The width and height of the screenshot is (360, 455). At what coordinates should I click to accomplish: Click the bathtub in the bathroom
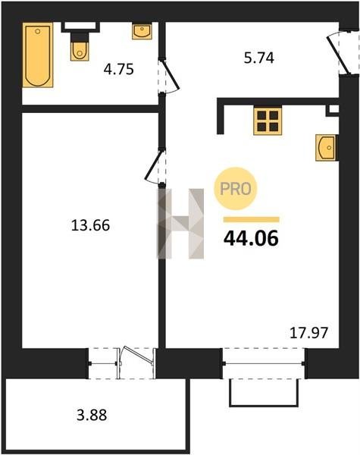click(38, 55)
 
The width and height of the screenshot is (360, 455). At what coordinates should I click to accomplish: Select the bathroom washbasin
click(142, 31)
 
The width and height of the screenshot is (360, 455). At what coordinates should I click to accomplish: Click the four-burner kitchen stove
click(268, 121)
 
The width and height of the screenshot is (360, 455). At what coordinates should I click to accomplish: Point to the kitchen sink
click(326, 148)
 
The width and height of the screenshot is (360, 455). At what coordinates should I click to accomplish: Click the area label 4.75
click(119, 69)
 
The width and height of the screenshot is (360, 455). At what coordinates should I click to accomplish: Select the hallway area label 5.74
click(259, 58)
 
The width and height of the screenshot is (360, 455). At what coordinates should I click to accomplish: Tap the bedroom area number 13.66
click(90, 225)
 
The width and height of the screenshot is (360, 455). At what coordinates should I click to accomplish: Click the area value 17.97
click(309, 333)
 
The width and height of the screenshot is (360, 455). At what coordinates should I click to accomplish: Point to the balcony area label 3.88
click(92, 415)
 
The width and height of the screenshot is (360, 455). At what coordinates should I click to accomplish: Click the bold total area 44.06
click(251, 238)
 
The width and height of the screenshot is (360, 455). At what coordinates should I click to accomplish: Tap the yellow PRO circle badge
click(236, 189)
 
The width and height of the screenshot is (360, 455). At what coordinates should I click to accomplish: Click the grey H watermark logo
click(180, 224)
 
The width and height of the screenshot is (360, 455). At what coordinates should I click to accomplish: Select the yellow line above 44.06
click(251, 219)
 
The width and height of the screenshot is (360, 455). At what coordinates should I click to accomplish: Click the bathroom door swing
click(171, 76)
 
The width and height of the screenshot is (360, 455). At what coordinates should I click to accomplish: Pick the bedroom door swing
click(153, 167)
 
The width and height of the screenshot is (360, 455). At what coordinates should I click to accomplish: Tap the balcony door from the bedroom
click(136, 362)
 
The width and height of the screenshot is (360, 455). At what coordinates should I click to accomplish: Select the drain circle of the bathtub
click(38, 31)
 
